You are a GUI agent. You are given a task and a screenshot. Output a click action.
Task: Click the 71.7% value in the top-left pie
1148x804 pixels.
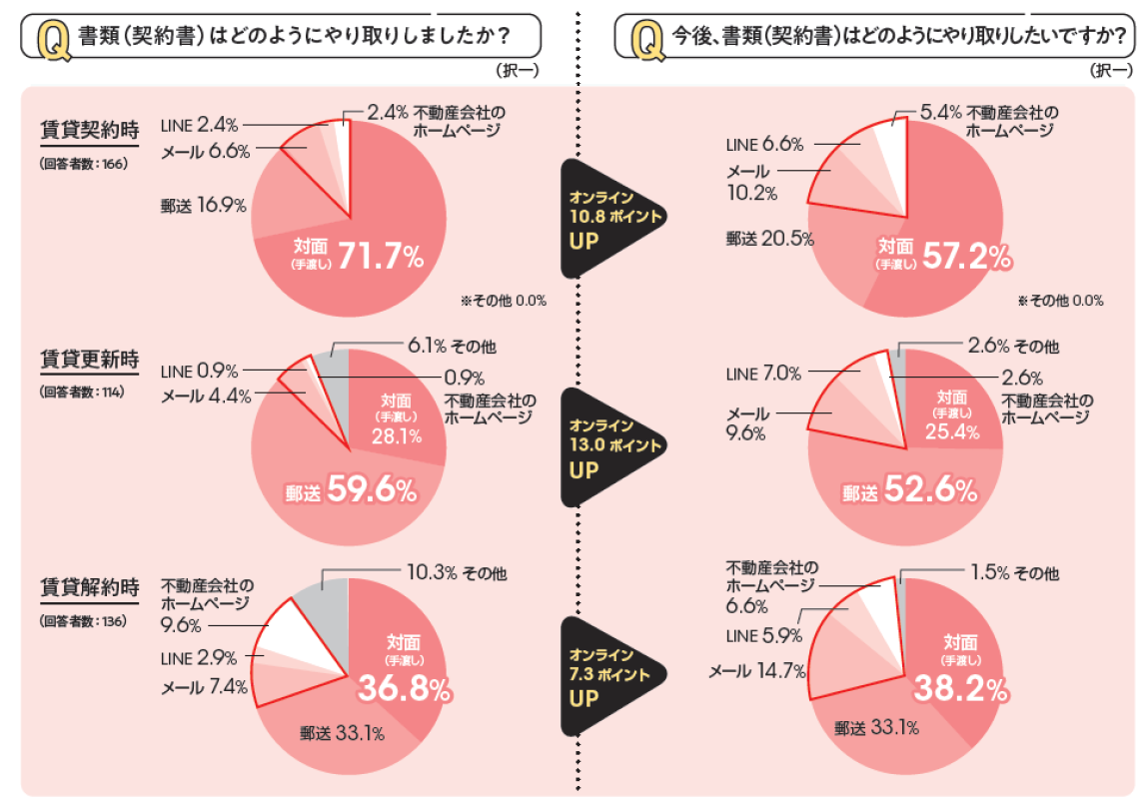coord(381,256)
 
